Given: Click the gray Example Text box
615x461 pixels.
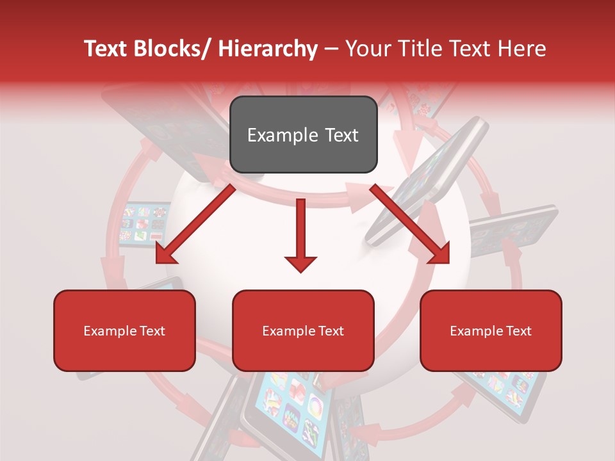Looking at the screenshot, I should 303,134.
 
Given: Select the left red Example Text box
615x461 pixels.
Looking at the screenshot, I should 124,330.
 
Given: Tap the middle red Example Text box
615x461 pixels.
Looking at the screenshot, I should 303,330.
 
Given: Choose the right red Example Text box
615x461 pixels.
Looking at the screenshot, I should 491,330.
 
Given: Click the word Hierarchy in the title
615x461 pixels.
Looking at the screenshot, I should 267,49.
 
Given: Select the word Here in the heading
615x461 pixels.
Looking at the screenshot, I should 522,49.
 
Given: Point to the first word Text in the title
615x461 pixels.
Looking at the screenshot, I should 106,49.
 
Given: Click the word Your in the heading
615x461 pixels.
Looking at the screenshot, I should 366,49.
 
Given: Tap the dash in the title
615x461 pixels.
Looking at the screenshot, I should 331,49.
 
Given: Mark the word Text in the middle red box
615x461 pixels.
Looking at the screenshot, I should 331,331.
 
